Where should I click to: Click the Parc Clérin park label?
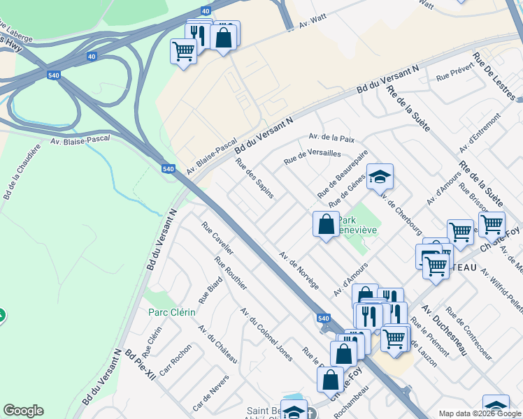[x=170, y=312]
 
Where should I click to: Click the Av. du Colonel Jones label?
[x=266, y=334]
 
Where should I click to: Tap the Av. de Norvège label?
[x=299, y=270]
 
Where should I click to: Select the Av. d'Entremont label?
[x=481, y=133]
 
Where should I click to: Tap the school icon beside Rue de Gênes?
[x=380, y=177]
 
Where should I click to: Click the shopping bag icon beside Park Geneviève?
[x=326, y=224]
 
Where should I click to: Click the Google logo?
[x=23, y=411]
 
